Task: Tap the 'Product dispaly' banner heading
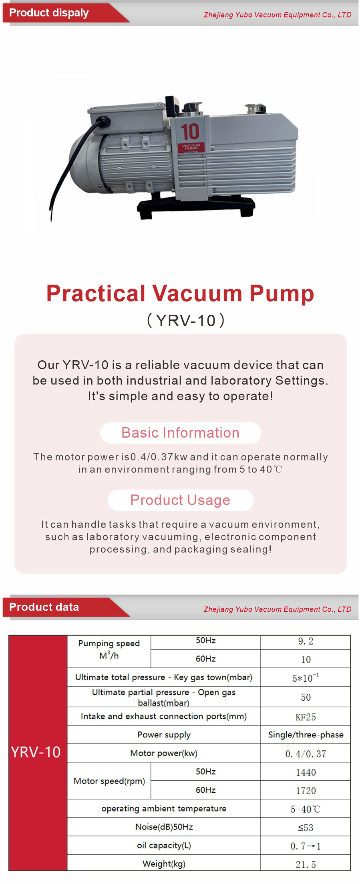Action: [49, 13]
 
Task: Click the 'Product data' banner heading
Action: [44, 607]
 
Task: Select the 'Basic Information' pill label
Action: [180, 433]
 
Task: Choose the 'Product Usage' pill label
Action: [180, 500]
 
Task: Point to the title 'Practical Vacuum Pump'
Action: [180, 293]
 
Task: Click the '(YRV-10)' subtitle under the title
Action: [186, 320]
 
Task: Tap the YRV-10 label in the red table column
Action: [36, 752]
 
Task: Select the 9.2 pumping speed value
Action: [306, 641]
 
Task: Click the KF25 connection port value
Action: [306, 717]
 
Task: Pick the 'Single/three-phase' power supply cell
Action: [306, 735]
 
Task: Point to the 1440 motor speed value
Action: [306, 772]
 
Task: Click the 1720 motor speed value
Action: [306, 791]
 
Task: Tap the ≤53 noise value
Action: [306, 828]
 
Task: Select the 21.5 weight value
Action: [306, 864]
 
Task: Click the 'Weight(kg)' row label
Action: [164, 864]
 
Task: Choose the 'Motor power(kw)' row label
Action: [164, 753]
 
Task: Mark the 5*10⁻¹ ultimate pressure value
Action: [306, 678]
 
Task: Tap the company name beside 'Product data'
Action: [278, 609]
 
